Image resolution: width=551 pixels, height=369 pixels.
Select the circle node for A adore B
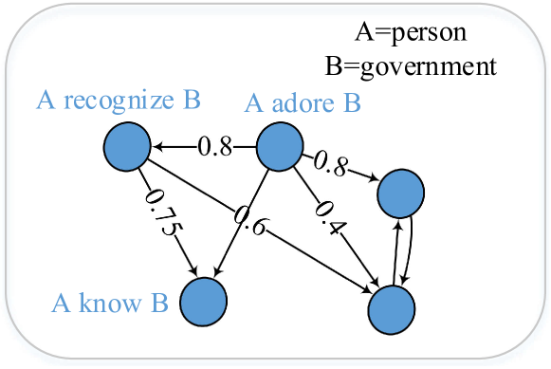point(280,147)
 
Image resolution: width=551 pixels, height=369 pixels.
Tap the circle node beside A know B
point(204,302)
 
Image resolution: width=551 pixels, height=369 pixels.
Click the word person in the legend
point(436,34)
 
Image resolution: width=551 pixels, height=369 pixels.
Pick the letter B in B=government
point(332,65)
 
